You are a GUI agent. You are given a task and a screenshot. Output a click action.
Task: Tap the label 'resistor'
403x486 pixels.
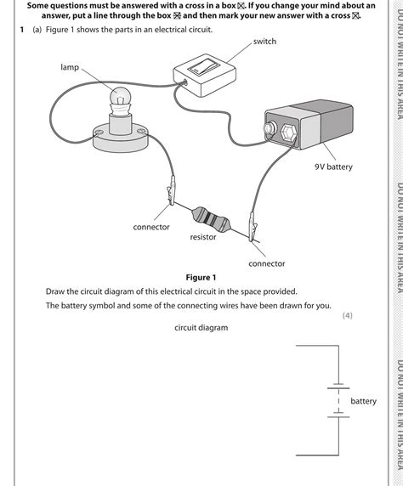(202, 237)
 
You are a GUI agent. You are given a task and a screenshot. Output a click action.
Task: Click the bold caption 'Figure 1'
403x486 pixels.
(201, 278)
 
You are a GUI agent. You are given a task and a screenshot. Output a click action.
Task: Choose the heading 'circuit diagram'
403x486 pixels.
(201, 327)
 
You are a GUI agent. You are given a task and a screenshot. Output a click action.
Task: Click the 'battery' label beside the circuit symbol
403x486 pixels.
(363, 401)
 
